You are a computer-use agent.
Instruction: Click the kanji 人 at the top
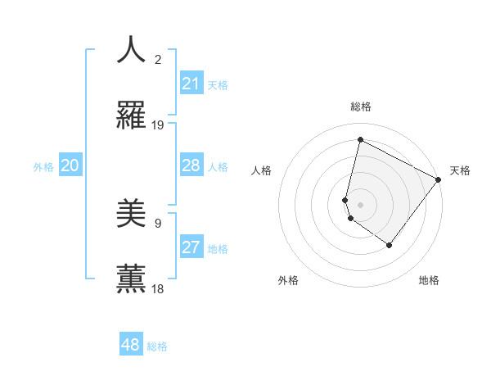pyautogui.click(x=132, y=50)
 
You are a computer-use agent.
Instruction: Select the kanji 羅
pyautogui.click(x=132, y=115)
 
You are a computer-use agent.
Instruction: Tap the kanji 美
pyautogui.click(x=132, y=214)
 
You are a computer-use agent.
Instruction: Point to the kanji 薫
pyautogui.click(x=132, y=279)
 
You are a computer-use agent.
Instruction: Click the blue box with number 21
pyautogui.click(x=191, y=84)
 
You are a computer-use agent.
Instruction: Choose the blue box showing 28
pyautogui.click(x=191, y=165)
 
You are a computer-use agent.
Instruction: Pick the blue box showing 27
pyautogui.click(x=191, y=247)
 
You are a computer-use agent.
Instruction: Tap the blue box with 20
pyautogui.click(x=70, y=165)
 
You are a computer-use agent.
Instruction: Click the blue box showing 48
pyautogui.click(x=131, y=345)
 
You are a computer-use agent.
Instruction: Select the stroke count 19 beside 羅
pyautogui.click(x=158, y=125)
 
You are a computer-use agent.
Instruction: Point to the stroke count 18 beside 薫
pyautogui.click(x=158, y=289)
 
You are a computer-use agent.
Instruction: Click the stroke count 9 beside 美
pyautogui.click(x=158, y=223)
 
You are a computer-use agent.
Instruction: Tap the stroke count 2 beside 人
pyautogui.click(x=158, y=60)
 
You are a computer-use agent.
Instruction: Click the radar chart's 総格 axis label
pyautogui.click(x=360, y=106)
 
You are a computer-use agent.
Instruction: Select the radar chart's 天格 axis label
pyautogui.click(x=460, y=170)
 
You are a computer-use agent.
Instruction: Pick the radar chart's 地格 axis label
pyautogui.click(x=429, y=281)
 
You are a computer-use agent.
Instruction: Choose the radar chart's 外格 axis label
pyautogui.click(x=288, y=281)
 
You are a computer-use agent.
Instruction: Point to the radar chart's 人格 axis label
pyautogui.click(x=261, y=170)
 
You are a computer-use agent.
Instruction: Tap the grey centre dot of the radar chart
pyautogui.click(x=360, y=204)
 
